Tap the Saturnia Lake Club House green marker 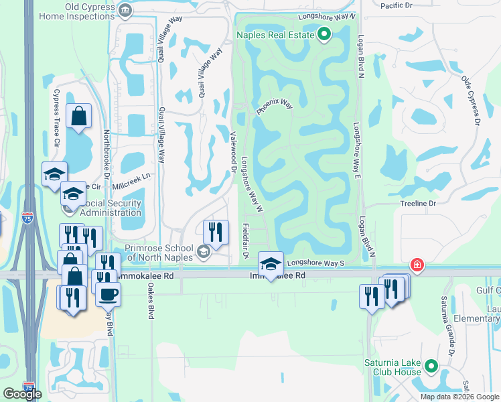point(430,367)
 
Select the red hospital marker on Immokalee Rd point(417,265)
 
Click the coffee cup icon point(108,293)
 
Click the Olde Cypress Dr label point(471,100)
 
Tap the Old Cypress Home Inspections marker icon point(125,9)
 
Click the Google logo point(23,394)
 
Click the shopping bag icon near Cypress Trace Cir point(79,116)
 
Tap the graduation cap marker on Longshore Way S point(271,263)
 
